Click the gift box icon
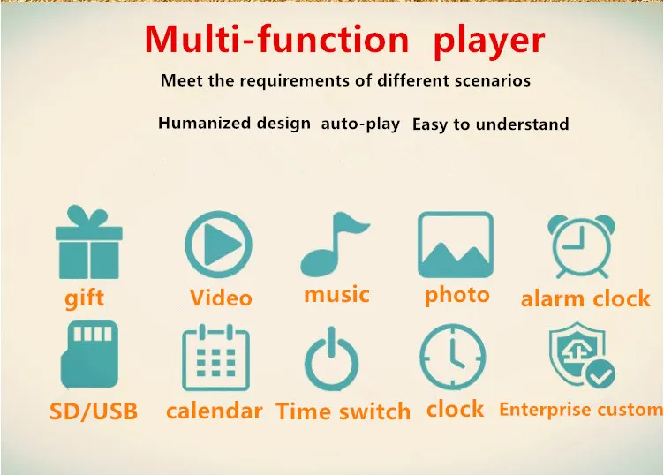point(88,244)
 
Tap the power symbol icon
point(332,359)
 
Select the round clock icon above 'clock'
point(452,357)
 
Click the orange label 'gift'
point(85,298)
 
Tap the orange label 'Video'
point(221,298)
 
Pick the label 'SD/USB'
point(94,411)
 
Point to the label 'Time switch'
point(343,411)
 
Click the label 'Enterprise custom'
point(580,410)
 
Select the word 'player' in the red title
point(489,40)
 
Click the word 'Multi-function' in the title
point(276,40)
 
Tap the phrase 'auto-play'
point(360,124)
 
